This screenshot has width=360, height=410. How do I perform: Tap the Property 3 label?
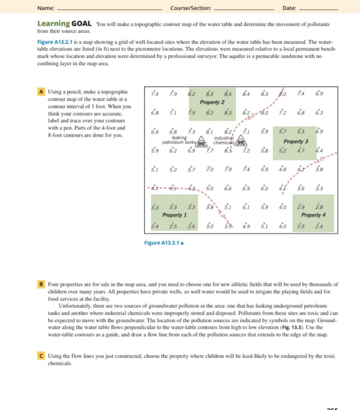click(x=296, y=142)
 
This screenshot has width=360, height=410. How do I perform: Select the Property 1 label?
click(x=174, y=215)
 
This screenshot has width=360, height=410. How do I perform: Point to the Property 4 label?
click(x=313, y=215)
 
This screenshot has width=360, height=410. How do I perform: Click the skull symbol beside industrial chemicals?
click(x=241, y=141)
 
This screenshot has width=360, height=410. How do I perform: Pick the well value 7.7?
click(x=210, y=152)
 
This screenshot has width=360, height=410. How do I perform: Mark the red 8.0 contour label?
click(x=251, y=117)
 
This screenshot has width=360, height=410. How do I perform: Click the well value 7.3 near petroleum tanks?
click(x=192, y=133)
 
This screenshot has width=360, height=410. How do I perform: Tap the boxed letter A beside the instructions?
click(x=41, y=91)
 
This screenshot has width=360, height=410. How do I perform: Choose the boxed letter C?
click(x=41, y=356)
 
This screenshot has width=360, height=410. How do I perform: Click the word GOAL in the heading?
click(x=82, y=24)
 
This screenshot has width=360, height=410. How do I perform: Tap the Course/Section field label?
click(x=190, y=8)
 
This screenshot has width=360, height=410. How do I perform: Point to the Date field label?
click(x=289, y=8)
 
